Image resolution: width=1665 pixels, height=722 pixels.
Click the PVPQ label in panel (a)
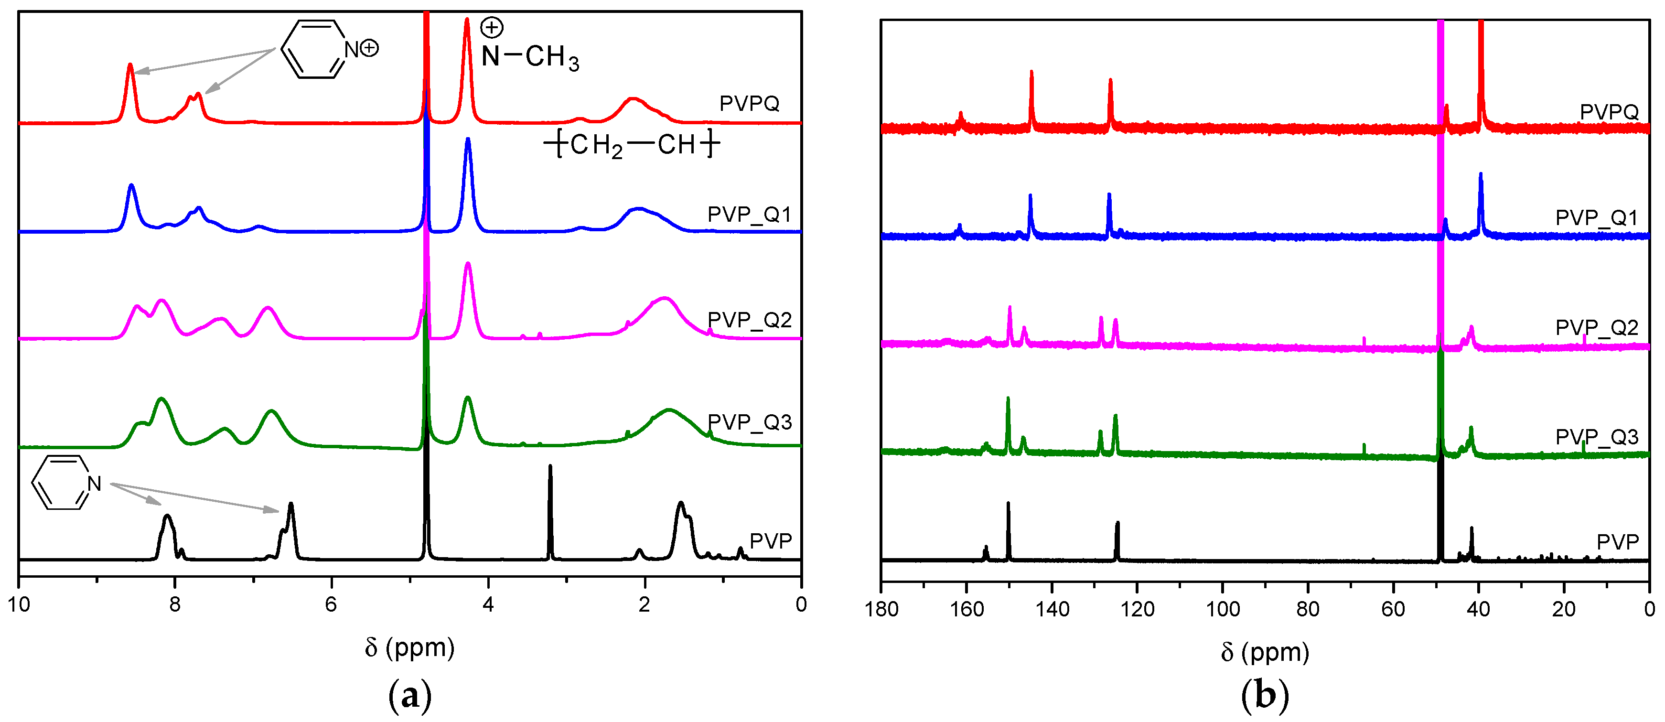[749, 103]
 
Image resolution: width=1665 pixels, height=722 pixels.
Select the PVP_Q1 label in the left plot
[749, 214]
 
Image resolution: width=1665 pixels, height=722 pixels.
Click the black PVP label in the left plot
[771, 540]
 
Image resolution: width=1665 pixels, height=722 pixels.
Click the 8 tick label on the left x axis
[174, 604]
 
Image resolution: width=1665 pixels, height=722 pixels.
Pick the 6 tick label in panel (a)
[331, 604]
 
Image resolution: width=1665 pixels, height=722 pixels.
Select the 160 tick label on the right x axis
[967, 609]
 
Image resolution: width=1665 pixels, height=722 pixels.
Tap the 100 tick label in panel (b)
[1222, 609]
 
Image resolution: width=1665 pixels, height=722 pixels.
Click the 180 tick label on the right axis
[881, 609]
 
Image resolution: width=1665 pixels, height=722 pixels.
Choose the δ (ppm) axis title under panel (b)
[1265, 652]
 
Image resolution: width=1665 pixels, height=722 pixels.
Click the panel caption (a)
[410, 696]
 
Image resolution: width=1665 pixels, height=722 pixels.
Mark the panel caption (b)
[1265, 696]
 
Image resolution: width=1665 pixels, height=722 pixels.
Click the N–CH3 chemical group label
[530, 56]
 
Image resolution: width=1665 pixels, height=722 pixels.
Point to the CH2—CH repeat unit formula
[632, 145]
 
